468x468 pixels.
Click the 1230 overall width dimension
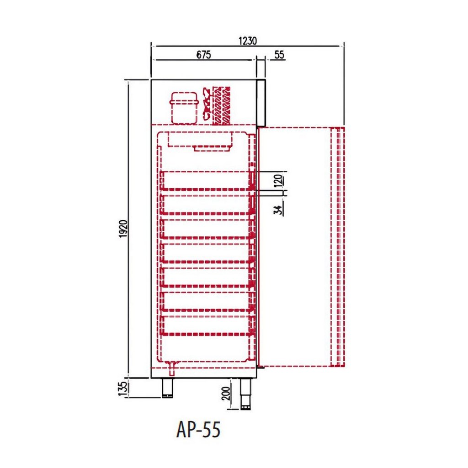(x=247, y=41)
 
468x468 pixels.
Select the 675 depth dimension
(x=203, y=55)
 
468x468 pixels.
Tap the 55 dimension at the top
(x=279, y=55)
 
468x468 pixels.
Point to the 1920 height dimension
(x=123, y=229)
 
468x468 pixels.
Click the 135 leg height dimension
(x=123, y=388)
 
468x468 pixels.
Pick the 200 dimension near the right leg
(x=227, y=394)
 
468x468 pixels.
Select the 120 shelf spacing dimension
(x=278, y=181)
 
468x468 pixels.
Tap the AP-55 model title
(x=198, y=430)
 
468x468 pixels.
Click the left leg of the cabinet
(x=167, y=388)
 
